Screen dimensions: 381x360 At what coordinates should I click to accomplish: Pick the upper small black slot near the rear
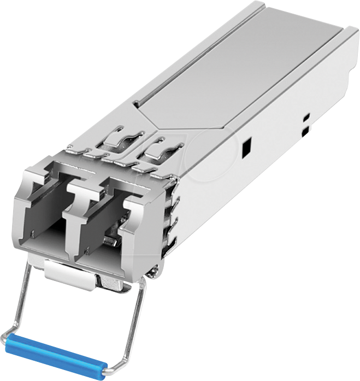(306, 116)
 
